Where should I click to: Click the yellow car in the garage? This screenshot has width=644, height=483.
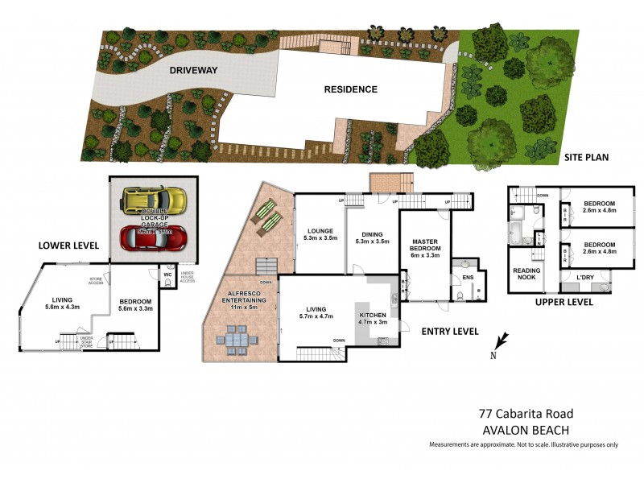155,199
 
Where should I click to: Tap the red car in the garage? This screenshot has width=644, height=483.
154,237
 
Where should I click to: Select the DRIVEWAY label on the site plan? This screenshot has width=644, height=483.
193,71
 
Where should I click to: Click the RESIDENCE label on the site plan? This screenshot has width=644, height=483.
351,89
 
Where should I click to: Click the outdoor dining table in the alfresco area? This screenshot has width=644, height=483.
237,341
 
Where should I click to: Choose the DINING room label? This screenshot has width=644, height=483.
371,235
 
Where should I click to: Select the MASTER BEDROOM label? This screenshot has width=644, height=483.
424,245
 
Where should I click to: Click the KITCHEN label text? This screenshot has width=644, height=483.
373,314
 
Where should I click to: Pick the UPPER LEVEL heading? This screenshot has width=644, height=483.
564,303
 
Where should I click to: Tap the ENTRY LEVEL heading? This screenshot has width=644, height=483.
451,332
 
